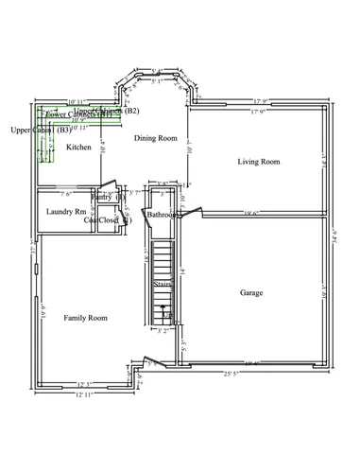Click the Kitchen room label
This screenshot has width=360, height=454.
78,148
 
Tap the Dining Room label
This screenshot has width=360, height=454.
155,138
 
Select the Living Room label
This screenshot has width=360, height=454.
258,162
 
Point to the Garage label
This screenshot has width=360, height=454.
251,292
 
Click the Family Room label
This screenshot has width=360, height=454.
85,318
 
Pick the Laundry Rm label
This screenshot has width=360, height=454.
66,211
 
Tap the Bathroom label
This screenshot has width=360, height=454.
163,216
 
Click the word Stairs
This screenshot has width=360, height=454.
163,283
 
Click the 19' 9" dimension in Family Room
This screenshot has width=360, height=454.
43,306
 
